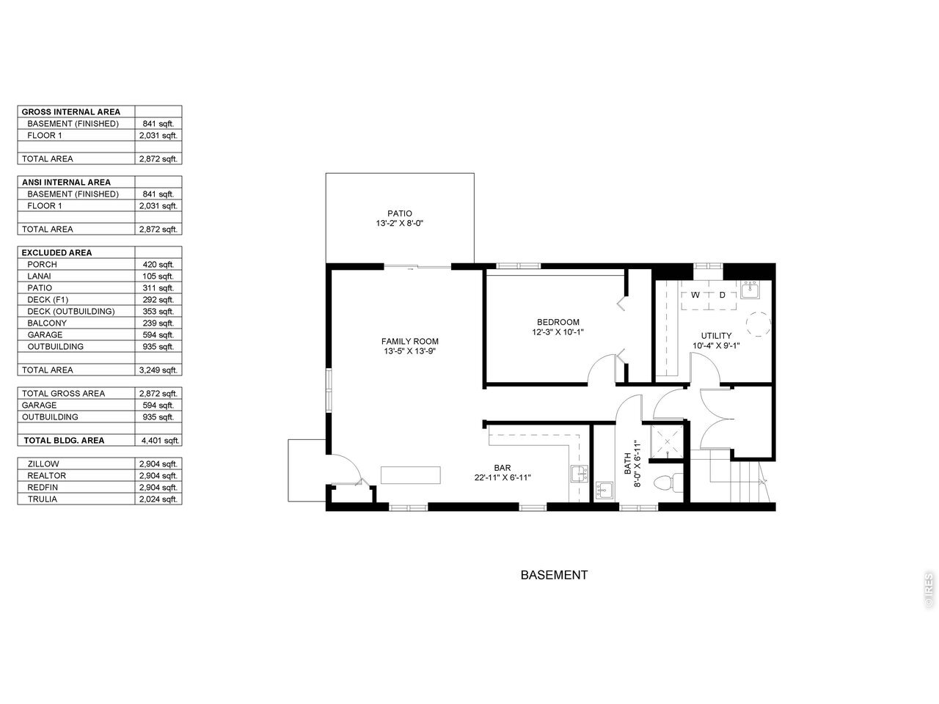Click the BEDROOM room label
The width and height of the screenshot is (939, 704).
coord(558,322)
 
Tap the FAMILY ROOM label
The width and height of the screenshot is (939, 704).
coord(409,342)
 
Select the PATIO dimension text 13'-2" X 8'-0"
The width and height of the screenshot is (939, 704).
coord(399,223)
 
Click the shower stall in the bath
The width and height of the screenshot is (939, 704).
coord(667,441)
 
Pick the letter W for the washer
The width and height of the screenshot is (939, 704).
coord(695,295)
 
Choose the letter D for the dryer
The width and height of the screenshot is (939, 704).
coord(722,295)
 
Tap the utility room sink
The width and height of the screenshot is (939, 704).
coord(750,290)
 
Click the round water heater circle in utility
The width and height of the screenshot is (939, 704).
coord(759,324)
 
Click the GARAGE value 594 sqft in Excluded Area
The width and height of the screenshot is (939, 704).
coord(158,335)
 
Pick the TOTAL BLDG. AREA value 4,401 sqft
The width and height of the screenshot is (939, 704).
coord(160,441)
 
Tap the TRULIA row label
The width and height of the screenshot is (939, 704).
coord(43,499)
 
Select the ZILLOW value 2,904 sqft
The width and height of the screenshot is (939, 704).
coord(158,464)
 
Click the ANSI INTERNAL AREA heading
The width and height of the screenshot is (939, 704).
coord(66,183)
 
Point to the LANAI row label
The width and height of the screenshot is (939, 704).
coord(39,276)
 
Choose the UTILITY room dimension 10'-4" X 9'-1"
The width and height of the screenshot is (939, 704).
coord(716,346)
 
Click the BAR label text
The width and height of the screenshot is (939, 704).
coord(503,468)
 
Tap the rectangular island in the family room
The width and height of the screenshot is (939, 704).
coord(411,475)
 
